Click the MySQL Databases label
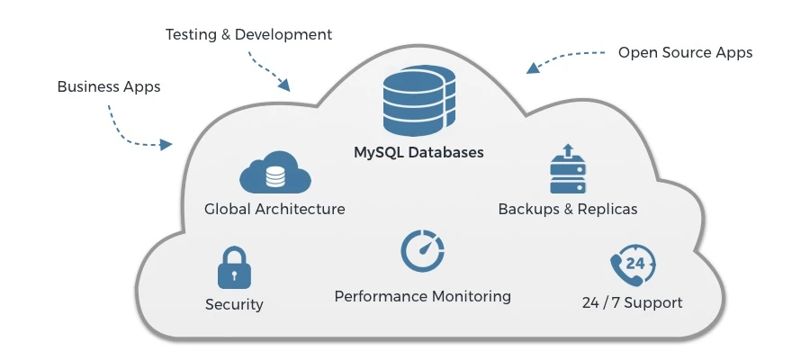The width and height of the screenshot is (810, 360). (418, 152)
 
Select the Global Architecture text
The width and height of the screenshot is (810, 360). (274, 209)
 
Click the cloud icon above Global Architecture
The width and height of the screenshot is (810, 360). (274, 173)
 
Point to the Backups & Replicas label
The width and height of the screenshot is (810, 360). (567, 209)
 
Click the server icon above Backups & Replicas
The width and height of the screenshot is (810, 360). (567, 170)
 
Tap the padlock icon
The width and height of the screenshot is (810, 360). (234, 268)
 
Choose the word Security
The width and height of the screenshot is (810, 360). (234, 304)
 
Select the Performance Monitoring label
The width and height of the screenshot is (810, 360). (422, 296)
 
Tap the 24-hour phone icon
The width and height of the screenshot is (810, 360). (632, 265)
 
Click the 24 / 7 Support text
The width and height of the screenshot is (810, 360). (632, 302)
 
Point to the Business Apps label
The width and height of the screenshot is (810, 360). (109, 87)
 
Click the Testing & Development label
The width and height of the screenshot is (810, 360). (248, 35)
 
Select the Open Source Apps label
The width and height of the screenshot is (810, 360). (685, 52)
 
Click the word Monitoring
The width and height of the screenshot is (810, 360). (470, 296)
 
